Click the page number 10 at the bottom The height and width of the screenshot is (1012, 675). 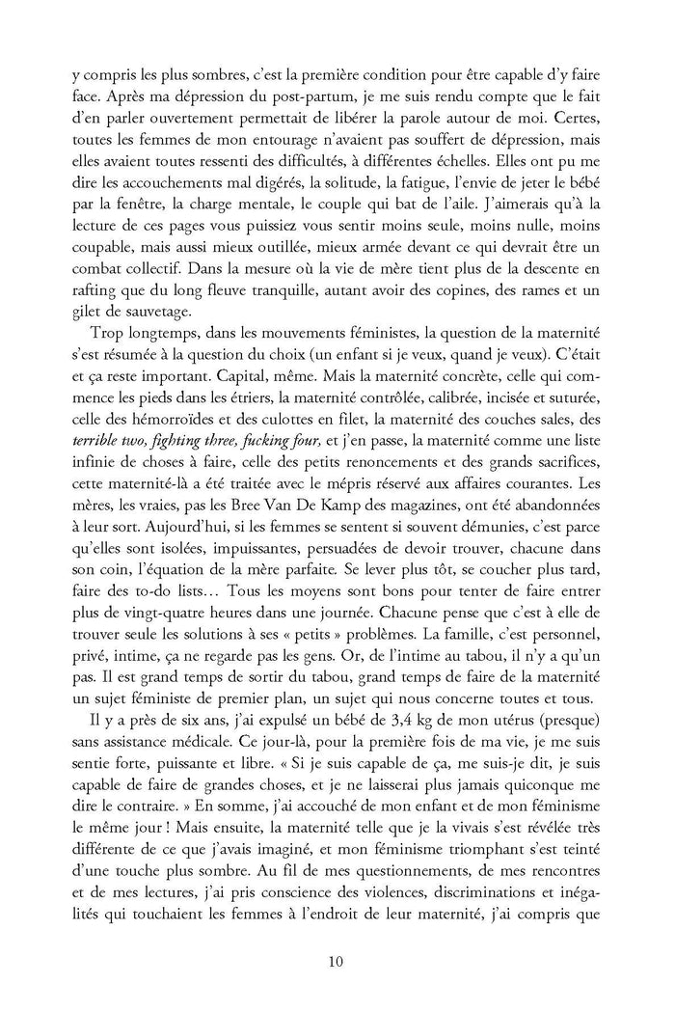[x=337, y=961]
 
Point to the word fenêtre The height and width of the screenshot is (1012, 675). [x=141, y=234]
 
